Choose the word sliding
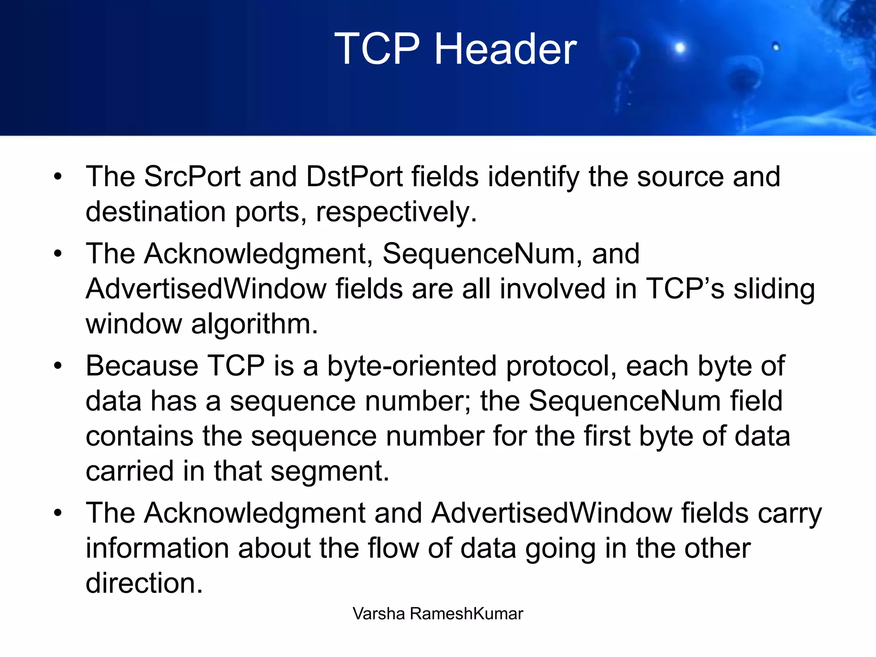pyautogui.click(x=774, y=289)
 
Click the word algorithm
pyautogui.click(x=255, y=324)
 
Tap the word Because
pyautogui.click(x=142, y=366)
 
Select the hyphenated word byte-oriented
pyautogui.click(x=412, y=366)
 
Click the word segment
pyautogui.click(x=330, y=471)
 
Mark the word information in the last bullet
pyautogui.click(x=157, y=548)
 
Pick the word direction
pyautogui.click(x=144, y=583)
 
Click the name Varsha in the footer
pyautogui.click(x=379, y=614)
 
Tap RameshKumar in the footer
pyautogui.click(x=466, y=614)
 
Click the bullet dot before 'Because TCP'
pyautogui.click(x=58, y=366)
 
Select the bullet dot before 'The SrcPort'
pyautogui.click(x=58, y=176)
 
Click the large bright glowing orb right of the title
pyautogui.click(x=680, y=48)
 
